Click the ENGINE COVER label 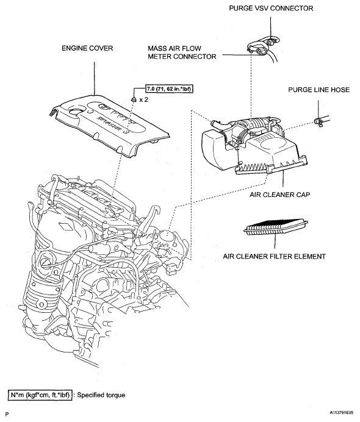[x=87, y=48]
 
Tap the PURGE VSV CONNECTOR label [x=271, y=9]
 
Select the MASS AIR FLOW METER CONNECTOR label [x=182, y=52]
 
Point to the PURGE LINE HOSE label [x=319, y=90]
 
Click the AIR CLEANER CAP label [x=279, y=195]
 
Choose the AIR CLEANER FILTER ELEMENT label [x=274, y=256]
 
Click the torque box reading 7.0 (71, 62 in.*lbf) [x=170, y=88]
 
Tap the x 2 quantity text [x=143, y=99]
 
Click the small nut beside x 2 [x=134, y=99]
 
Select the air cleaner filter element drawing [x=276, y=227]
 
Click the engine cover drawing [x=110, y=124]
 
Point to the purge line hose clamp [x=319, y=122]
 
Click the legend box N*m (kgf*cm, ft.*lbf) [x=40, y=395]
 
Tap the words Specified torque [x=101, y=395]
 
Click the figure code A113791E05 [x=342, y=412]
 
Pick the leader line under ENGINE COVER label [x=95, y=78]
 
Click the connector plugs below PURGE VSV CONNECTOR [x=263, y=46]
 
